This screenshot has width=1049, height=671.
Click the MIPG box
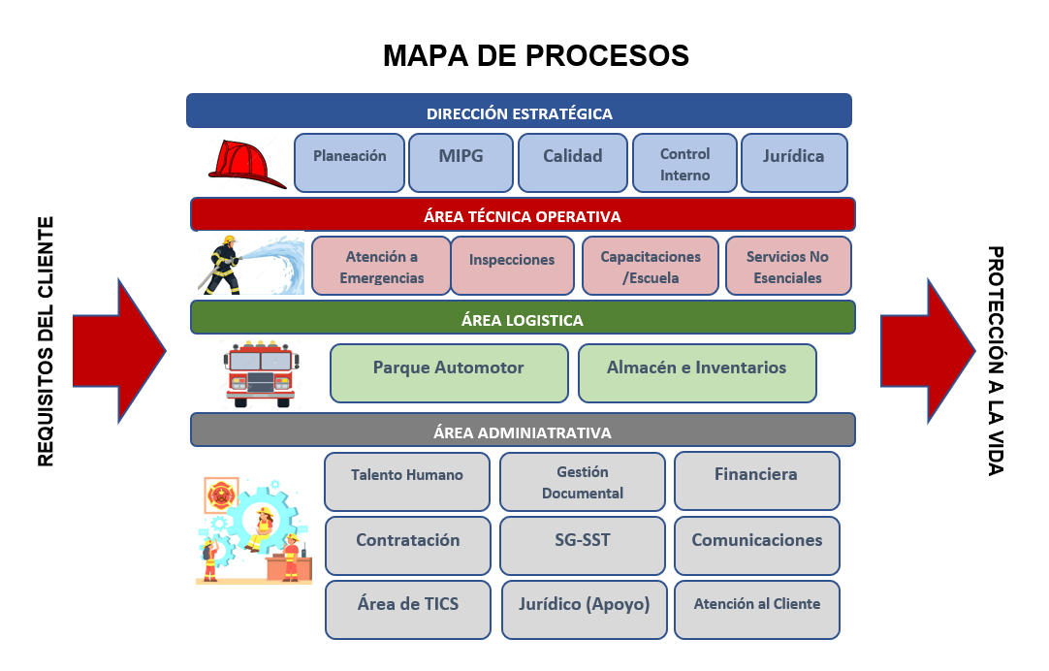(461, 163)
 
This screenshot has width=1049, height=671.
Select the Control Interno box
(684, 163)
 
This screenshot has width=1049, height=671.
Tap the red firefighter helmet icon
(247, 164)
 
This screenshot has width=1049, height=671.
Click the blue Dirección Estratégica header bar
(519, 111)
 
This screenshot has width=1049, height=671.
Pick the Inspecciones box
(513, 266)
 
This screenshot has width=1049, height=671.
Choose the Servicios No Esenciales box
(788, 266)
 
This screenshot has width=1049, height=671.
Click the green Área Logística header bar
(523, 317)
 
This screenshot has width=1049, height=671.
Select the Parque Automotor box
(449, 373)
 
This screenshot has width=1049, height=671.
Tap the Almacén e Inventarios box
(697, 373)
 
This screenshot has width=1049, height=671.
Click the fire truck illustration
(261, 374)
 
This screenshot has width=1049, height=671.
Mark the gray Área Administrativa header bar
(523, 430)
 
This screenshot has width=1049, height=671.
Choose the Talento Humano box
(407, 482)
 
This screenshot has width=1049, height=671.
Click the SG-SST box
(583, 546)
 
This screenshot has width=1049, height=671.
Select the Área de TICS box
(408, 610)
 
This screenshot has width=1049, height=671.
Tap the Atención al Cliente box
(756, 610)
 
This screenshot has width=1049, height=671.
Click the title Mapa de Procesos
(536, 55)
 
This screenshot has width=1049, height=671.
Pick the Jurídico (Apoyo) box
(584, 610)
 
